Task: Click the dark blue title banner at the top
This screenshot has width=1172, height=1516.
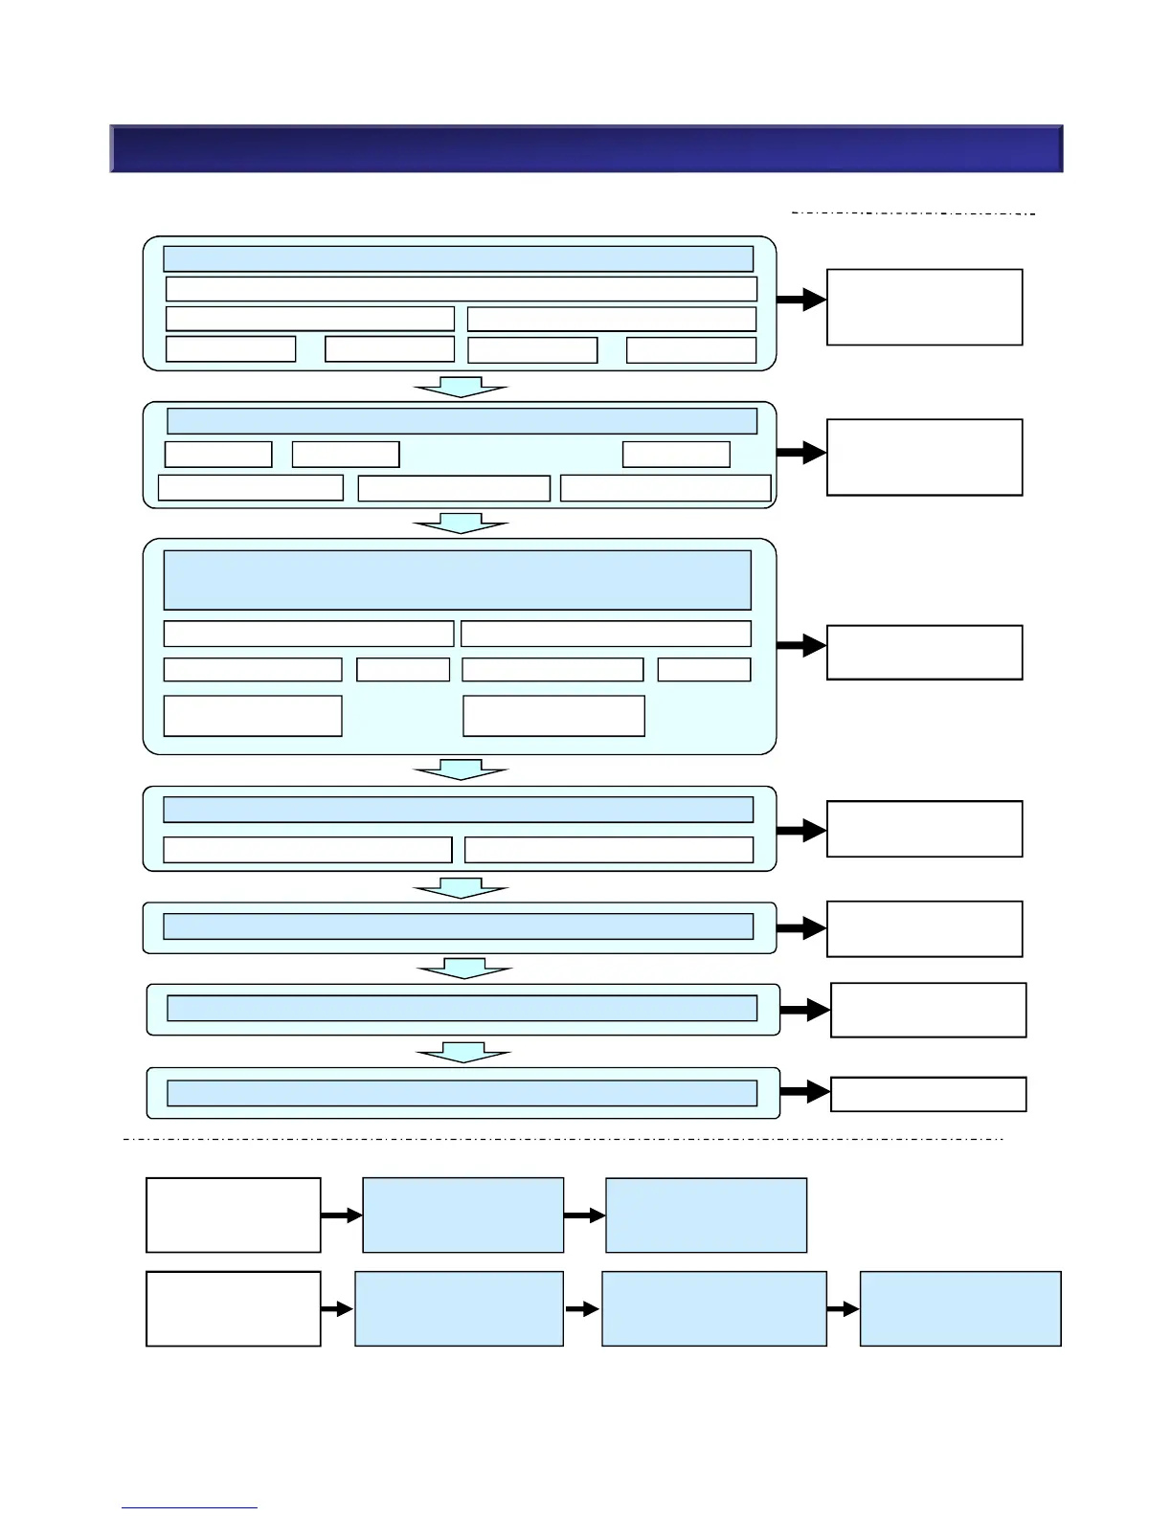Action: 586,148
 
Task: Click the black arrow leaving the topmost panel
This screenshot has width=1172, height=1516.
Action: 801,301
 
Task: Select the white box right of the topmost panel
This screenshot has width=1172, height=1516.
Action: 924,306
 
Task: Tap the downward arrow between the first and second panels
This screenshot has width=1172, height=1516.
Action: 461,387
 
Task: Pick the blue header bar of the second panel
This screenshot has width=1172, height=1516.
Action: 462,421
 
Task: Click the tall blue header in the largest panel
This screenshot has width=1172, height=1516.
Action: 457,580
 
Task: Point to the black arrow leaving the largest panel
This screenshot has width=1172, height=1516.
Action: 801,646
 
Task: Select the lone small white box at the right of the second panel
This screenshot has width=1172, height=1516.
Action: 676,454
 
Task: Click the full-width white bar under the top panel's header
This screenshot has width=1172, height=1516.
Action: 461,288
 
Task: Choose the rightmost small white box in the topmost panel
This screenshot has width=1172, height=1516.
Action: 690,349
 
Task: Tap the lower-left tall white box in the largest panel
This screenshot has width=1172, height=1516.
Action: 253,716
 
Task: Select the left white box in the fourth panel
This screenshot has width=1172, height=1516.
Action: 307,850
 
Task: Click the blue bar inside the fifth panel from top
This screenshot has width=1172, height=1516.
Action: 458,926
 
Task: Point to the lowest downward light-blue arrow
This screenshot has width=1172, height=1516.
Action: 463,1053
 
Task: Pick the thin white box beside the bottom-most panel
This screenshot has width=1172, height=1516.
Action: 928,1094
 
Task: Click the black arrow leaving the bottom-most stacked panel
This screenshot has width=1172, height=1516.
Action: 805,1092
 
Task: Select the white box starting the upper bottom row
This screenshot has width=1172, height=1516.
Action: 233,1215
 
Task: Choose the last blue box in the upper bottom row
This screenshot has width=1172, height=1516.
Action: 706,1215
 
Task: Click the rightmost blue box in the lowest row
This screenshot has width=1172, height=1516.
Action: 960,1308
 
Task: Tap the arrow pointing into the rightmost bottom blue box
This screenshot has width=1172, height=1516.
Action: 843,1308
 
